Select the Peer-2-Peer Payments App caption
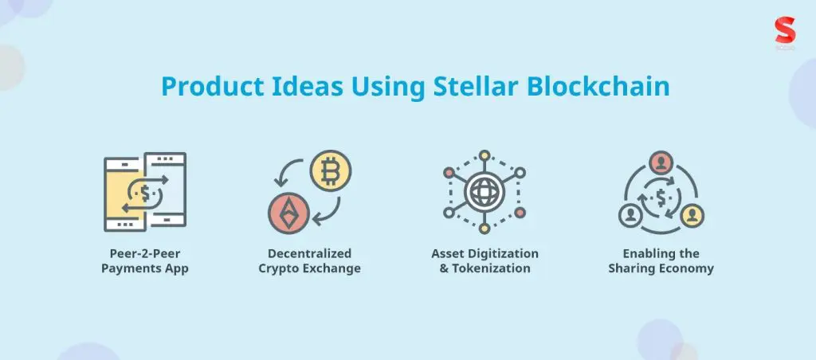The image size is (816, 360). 144,261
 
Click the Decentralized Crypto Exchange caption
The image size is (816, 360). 309,261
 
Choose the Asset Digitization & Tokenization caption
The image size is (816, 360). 485,261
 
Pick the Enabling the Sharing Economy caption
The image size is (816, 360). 661,261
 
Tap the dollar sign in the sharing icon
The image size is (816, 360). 661,195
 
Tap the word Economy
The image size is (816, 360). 687,268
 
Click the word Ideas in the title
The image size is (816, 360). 298,86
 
